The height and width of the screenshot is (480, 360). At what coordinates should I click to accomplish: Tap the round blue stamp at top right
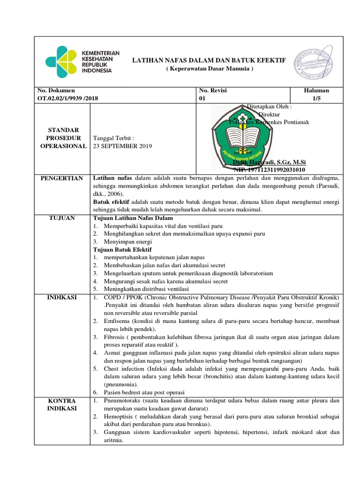313,61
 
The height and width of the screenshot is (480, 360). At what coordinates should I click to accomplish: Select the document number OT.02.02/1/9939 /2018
68,98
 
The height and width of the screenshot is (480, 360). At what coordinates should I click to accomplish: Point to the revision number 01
202,98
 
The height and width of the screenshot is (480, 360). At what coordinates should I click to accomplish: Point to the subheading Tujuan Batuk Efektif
123,249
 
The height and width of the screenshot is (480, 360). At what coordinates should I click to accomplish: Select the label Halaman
316,90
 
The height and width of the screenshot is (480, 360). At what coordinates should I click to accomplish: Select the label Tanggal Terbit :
114,138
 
